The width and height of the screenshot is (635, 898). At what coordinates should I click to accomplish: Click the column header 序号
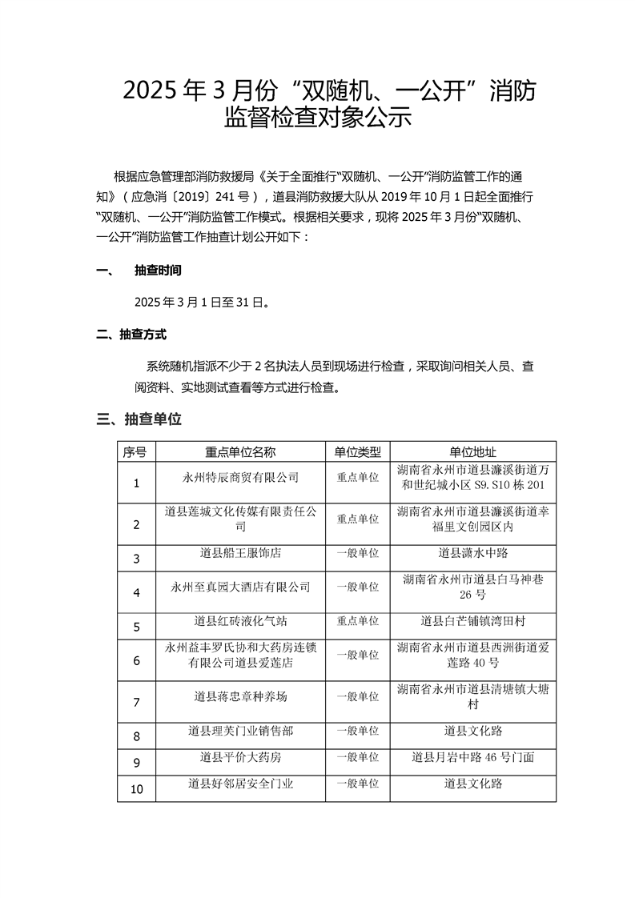(136, 451)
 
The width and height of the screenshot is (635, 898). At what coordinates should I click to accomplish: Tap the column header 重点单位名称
(240, 451)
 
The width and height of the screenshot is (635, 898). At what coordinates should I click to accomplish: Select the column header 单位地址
(473, 451)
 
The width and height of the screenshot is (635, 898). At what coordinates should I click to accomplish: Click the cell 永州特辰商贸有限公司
(240, 478)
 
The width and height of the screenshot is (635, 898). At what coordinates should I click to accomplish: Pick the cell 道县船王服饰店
(240, 553)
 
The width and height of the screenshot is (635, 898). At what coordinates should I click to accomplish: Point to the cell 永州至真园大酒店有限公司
(240, 587)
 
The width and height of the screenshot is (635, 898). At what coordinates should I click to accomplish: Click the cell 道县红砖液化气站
(240, 621)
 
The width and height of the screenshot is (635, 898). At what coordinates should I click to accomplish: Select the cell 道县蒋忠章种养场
(240, 696)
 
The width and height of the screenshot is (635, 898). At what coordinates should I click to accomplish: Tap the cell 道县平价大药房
(240, 756)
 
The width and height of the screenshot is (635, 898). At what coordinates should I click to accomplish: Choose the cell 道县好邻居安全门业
(240, 784)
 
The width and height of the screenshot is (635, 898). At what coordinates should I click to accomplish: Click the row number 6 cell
(136, 661)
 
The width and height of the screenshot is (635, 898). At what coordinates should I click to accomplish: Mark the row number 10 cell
(136, 789)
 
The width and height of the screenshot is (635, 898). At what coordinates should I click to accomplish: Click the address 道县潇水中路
(473, 553)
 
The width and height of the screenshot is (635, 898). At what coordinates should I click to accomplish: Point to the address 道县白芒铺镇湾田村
(473, 621)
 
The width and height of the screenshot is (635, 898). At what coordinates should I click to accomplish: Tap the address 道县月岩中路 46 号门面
(473, 756)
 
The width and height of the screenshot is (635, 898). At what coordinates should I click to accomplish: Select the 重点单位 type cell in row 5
(357, 621)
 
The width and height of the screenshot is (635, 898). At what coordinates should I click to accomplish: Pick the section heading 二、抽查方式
(131, 335)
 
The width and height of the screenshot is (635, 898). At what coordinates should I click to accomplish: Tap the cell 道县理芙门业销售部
(240, 730)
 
